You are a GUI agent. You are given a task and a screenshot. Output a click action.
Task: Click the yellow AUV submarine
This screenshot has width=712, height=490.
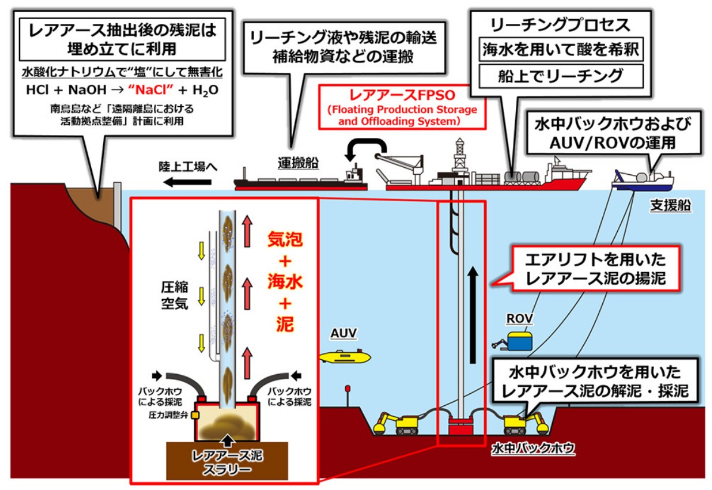[x=345, y=356]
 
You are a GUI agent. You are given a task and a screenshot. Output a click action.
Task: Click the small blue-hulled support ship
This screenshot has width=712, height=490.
[x=642, y=180]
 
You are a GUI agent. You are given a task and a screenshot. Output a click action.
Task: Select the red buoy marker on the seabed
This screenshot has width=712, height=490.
[x=346, y=390]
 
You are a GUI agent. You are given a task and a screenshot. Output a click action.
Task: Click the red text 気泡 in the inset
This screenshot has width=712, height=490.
[x=285, y=240]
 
